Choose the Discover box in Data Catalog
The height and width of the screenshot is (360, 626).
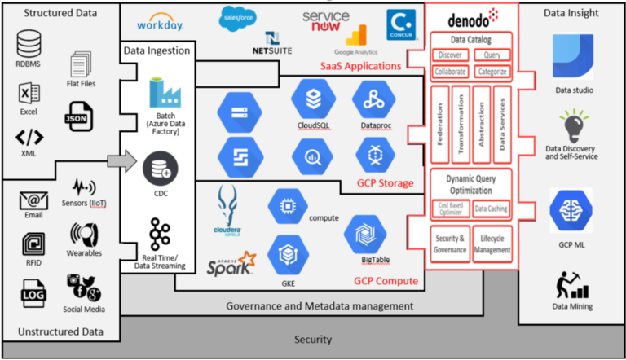(449, 55)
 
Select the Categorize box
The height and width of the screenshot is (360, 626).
(492, 71)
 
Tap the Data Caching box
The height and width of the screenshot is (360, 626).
(492, 209)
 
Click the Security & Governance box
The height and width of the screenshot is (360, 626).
(449, 243)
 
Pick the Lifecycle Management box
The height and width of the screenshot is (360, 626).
(492, 243)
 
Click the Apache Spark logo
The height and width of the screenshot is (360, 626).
(231, 263)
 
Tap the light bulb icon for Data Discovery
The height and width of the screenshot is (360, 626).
(574, 128)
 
